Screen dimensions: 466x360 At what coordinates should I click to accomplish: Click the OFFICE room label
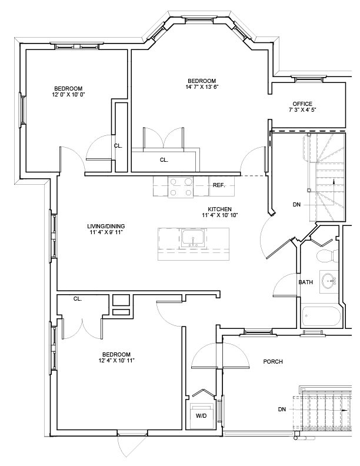click(302, 104)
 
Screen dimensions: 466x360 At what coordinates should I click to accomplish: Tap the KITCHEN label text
click(219, 209)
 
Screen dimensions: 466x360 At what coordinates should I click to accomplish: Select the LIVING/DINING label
click(106, 226)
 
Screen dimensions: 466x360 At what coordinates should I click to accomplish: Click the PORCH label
click(273, 361)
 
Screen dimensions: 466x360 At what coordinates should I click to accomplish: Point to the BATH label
click(306, 282)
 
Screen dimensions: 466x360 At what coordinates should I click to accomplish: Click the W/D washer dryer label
click(201, 415)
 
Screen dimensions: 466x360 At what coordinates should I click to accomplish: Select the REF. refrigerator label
click(219, 185)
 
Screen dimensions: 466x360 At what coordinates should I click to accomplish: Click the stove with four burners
click(181, 187)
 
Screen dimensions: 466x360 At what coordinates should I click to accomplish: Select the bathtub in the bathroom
click(321, 317)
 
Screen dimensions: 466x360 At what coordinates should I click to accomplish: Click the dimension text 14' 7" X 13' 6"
click(202, 87)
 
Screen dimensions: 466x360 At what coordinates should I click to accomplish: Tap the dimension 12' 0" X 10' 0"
click(68, 94)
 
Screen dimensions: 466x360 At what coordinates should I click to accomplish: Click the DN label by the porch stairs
click(282, 409)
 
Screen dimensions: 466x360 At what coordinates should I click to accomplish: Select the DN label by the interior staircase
click(297, 205)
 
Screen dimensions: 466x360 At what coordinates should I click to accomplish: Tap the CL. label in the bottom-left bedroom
click(77, 299)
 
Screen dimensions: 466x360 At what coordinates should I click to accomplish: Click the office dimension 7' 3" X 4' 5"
click(302, 110)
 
